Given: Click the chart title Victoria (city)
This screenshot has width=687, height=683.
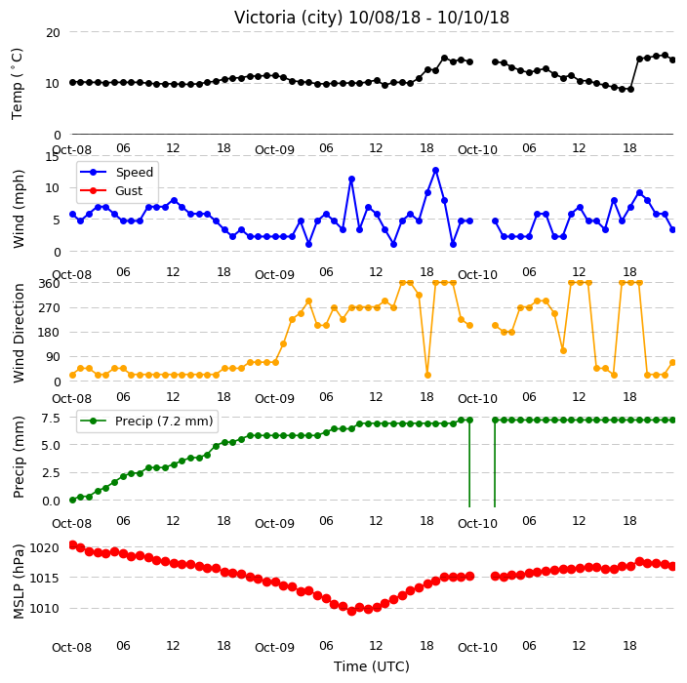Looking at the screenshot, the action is point(288,18).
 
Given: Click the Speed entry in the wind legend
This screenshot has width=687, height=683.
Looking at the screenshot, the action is point(134,172).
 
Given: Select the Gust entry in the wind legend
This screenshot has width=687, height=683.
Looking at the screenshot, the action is point(129,191).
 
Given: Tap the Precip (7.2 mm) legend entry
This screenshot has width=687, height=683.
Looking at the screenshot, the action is point(164,421).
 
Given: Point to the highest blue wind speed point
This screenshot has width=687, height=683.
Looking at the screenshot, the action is point(435,171).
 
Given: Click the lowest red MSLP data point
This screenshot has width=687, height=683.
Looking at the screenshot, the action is point(351,611).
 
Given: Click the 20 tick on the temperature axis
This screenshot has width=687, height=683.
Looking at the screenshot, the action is point(53,33).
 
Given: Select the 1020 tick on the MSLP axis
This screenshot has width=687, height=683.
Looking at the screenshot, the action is point(44,548).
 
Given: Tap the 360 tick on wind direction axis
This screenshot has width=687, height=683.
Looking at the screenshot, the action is point(49,284).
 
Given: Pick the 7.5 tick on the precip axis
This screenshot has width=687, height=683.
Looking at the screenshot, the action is point(51,419).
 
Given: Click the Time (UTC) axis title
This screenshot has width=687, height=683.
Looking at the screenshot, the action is point(372,666).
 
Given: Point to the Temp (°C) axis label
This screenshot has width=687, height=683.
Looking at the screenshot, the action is point(18,84).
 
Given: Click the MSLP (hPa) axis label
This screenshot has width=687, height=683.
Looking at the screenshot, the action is point(19,582).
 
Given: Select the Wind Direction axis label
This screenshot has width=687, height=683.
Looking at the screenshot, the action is point(19,334).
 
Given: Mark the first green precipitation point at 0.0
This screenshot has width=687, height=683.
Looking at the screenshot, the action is point(73,500).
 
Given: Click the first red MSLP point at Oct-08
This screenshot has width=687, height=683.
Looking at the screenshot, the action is point(73,544).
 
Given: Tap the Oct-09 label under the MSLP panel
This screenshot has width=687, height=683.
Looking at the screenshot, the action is point(274,648).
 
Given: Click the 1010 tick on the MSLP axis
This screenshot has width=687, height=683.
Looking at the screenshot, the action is point(44,609).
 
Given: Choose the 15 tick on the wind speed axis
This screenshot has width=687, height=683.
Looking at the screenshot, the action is point(52,157).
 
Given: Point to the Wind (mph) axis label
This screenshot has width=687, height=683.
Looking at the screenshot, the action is point(19,209).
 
